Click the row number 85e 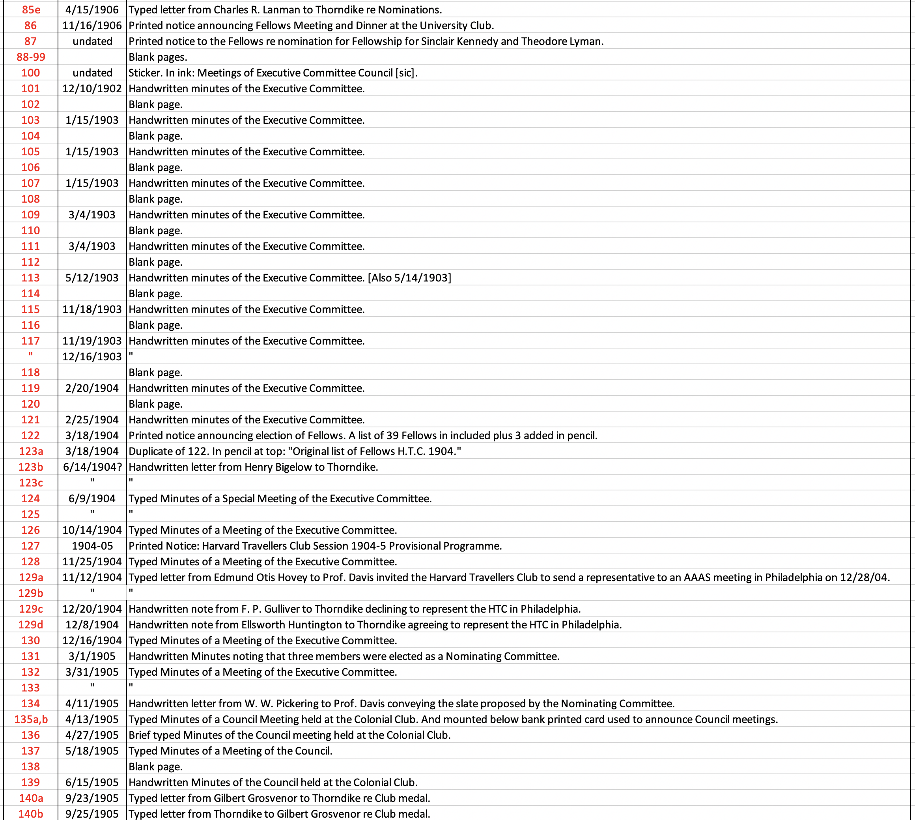[x=31, y=9]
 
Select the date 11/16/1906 [x=92, y=25]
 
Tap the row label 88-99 [x=31, y=57]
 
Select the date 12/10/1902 [x=92, y=88]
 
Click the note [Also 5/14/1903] [x=409, y=278]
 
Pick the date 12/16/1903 [x=92, y=356]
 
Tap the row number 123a [x=31, y=451]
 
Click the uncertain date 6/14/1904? [x=92, y=467]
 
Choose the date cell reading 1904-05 [x=92, y=546]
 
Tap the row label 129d [x=31, y=624]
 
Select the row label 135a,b [x=31, y=719]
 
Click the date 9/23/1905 [x=92, y=798]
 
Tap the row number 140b [x=31, y=814]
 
